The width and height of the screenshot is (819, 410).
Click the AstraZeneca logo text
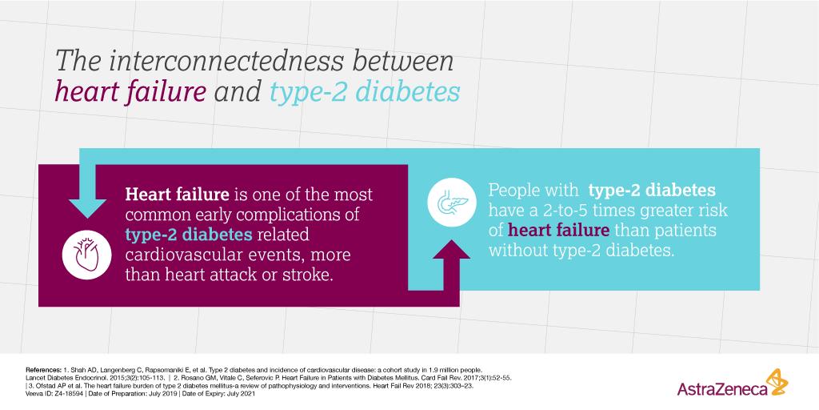point(721,390)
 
